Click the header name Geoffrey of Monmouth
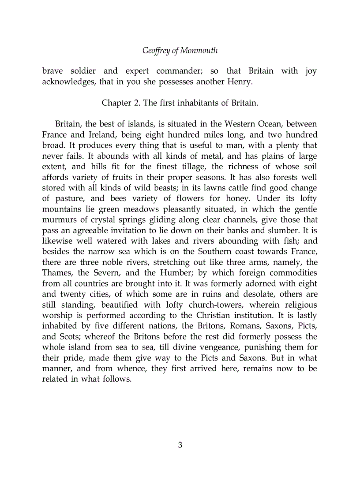[x=180, y=50]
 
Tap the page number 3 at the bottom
[x=180, y=445]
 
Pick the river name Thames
[x=56, y=272]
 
